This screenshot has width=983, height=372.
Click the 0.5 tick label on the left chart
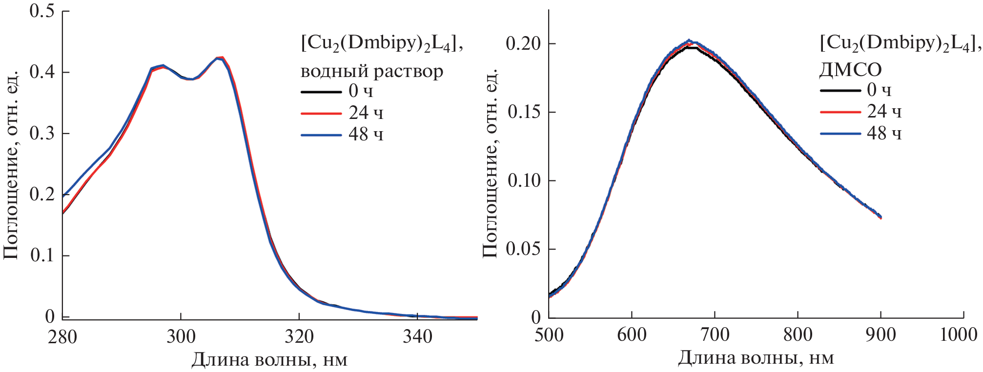tap(42, 11)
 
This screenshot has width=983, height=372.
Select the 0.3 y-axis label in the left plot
tap(42, 133)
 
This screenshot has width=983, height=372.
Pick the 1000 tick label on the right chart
tap(958, 334)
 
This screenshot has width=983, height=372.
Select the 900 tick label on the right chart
tap(881, 334)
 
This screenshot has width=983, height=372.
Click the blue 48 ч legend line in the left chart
tap(321, 135)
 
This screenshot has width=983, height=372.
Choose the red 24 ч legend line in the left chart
tap(321, 114)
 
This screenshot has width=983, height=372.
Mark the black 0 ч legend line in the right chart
tap(840, 90)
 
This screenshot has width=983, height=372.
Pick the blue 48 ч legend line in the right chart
tap(840, 133)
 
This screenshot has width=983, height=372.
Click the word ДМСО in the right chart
tap(850, 70)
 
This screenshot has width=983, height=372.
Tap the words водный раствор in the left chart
tap(371, 71)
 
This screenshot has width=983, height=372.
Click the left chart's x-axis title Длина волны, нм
tap(269, 360)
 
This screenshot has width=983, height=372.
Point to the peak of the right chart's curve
tap(690, 41)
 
